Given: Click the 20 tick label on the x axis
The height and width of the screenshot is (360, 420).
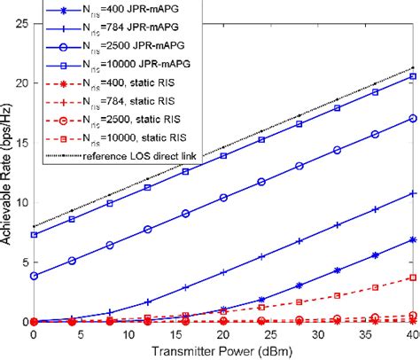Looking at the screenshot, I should pyautogui.click(x=222, y=335).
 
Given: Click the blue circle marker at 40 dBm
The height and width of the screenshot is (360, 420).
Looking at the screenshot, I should pyautogui.click(x=411, y=118).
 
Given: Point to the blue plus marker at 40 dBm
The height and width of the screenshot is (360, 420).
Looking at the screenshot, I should pyautogui.click(x=411, y=193).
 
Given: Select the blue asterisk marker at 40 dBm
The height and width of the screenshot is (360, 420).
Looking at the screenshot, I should pyautogui.click(x=411, y=239).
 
